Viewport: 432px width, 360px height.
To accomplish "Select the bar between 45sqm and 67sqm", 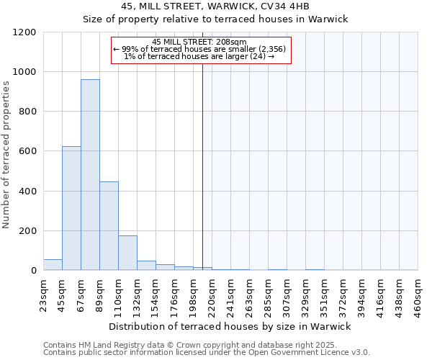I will tap(71, 208).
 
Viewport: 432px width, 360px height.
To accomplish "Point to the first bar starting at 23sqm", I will tap(53, 264).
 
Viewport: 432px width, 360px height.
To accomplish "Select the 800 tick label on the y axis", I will tap(27, 112).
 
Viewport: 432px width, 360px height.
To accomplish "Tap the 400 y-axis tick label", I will tap(27, 192).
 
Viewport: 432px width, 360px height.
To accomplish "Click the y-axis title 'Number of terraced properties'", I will tap(6, 155).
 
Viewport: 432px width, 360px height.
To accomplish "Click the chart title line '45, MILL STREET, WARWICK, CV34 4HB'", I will tap(215, 6).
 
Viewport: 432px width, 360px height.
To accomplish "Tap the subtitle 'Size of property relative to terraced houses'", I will tap(215, 19).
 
